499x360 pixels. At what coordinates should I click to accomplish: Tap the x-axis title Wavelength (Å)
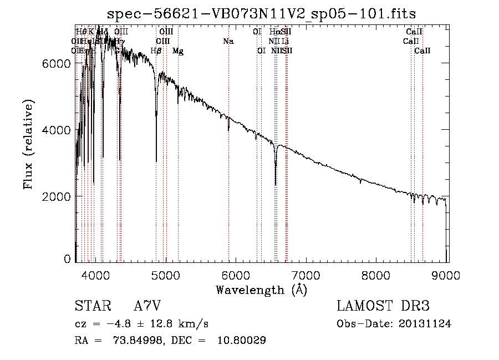(x=261, y=290)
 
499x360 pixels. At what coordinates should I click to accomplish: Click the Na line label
(x=228, y=42)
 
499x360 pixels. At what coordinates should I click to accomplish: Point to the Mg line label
(x=178, y=51)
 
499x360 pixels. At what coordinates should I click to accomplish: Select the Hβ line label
(x=156, y=51)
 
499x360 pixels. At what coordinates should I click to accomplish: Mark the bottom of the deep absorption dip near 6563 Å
(x=276, y=184)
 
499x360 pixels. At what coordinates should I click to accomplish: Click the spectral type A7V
(x=147, y=306)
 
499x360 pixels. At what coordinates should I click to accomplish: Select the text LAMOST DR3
(x=383, y=306)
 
